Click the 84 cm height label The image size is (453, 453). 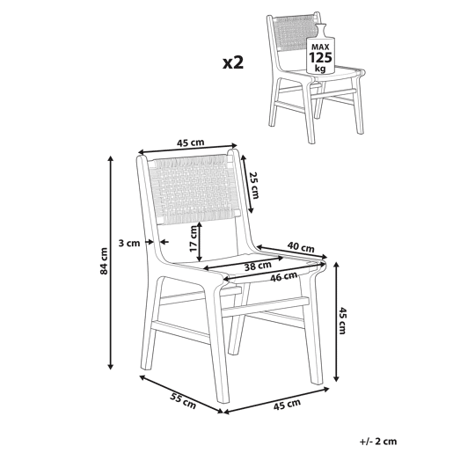(x=104, y=261)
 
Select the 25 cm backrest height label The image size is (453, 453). (x=254, y=185)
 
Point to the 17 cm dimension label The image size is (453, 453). (x=194, y=238)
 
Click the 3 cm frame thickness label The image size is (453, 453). (x=129, y=243)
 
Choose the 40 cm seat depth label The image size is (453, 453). (x=301, y=247)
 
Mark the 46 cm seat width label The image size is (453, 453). (x=284, y=276)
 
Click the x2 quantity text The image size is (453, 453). (x=233, y=62)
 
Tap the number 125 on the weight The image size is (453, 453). (x=320, y=57)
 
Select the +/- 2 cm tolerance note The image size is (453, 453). (x=378, y=441)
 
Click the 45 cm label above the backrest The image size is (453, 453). (x=190, y=142)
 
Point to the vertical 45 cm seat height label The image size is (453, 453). (x=342, y=320)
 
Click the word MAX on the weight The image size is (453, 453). (x=320, y=47)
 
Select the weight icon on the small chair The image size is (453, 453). (x=320, y=48)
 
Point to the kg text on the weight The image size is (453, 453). (x=320, y=69)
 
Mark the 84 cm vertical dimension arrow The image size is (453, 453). (x=111, y=263)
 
